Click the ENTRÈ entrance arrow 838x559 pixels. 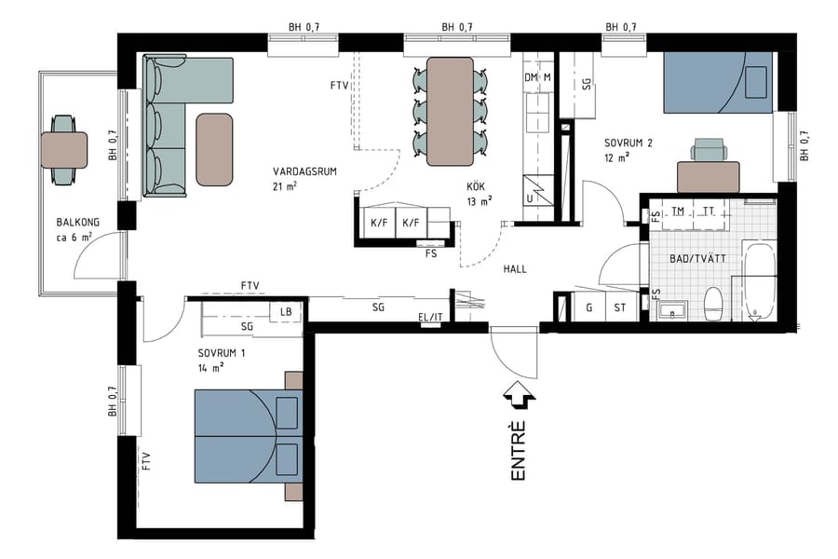click(x=517, y=397)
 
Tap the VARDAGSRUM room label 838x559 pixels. click(x=304, y=172)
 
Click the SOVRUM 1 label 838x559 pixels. click(x=222, y=354)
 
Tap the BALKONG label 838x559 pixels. click(x=77, y=223)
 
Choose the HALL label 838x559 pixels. click(x=515, y=269)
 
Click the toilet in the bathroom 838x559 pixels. click(x=714, y=302)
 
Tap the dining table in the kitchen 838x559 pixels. click(x=450, y=111)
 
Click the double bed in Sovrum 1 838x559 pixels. click(x=248, y=436)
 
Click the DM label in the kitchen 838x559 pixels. click(x=533, y=77)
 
